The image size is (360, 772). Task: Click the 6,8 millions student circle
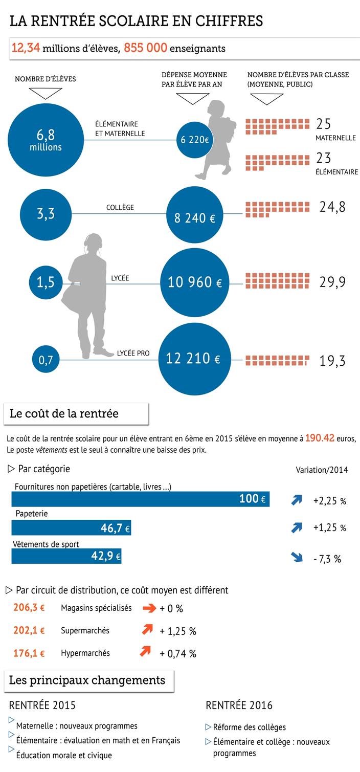[45, 139]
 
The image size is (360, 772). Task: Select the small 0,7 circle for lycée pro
[46, 360]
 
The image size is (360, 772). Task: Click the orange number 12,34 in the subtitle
[26, 48]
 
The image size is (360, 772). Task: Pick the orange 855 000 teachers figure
[145, 48]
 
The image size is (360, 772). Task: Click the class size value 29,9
[332, 282]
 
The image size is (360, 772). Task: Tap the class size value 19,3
[332, 361]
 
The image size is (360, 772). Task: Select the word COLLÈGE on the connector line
[120, 207]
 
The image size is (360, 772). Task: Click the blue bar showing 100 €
[140, 499]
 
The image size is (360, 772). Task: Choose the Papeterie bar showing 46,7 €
[71, 528]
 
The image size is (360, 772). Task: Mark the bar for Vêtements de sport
[66, 556]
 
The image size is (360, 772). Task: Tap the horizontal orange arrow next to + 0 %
[148, 608]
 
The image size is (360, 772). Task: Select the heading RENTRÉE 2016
[239, 705]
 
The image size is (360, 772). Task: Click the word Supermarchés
[85, 630]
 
